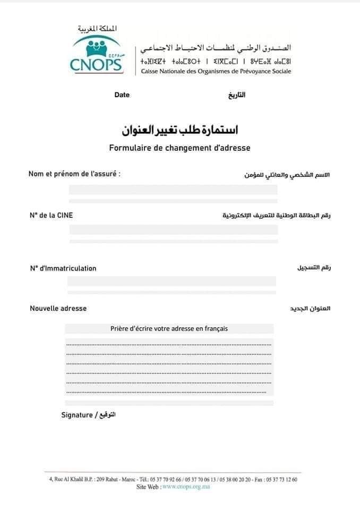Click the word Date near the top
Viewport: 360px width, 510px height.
122,95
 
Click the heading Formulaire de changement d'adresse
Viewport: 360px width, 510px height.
179,148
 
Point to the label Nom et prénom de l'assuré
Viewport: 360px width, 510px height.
74,174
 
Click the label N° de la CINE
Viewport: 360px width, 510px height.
52,215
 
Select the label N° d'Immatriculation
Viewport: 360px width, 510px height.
63,268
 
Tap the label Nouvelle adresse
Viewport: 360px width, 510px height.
58,308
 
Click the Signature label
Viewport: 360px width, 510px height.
77,415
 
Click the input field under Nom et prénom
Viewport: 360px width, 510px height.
173,190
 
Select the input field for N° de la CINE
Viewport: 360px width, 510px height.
173,229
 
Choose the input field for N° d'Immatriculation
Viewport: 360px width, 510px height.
172,282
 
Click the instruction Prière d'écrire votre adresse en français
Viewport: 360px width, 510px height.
169,328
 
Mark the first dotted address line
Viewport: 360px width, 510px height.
169,344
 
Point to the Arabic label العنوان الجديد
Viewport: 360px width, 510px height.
310,309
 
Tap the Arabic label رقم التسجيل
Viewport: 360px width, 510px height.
313,268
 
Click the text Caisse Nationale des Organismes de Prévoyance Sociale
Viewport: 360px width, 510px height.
216,72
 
